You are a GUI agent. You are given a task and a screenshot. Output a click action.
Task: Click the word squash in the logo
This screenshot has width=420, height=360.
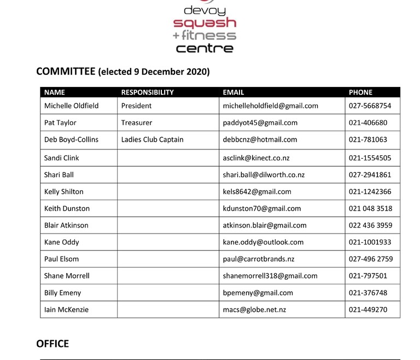205,24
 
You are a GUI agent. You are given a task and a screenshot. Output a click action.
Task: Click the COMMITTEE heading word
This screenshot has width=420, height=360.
66,72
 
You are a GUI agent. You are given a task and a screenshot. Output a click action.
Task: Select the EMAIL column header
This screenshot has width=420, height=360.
234,92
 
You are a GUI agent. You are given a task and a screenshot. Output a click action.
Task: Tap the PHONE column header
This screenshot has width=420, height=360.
360,92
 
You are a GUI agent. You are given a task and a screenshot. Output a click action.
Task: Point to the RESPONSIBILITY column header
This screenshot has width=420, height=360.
147,92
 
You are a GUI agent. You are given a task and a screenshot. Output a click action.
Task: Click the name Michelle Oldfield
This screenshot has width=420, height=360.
71,106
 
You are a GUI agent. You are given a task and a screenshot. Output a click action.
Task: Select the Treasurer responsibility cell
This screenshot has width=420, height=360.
137,123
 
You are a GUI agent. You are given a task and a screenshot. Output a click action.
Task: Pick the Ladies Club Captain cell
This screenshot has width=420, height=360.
152,140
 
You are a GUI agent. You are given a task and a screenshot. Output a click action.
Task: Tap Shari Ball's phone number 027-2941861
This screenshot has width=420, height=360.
370,175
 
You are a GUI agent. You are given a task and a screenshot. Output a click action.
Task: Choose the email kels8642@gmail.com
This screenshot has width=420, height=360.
257,191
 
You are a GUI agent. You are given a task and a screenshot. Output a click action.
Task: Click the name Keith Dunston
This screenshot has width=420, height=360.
67,208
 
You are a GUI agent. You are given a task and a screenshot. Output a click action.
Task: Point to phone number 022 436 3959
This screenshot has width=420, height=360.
370,225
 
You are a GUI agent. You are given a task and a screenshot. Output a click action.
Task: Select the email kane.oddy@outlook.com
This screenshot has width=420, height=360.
263,242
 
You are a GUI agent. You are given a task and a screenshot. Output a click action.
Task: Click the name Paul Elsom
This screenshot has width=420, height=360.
61,259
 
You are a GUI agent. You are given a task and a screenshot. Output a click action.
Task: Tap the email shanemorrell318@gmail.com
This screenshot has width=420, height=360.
270,276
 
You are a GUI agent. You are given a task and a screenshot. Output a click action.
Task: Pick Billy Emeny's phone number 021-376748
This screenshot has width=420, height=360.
367,293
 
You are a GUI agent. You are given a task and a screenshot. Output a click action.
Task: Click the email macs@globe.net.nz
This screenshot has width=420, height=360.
254,310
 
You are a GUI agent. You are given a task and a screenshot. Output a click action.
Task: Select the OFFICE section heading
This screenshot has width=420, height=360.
52,344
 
